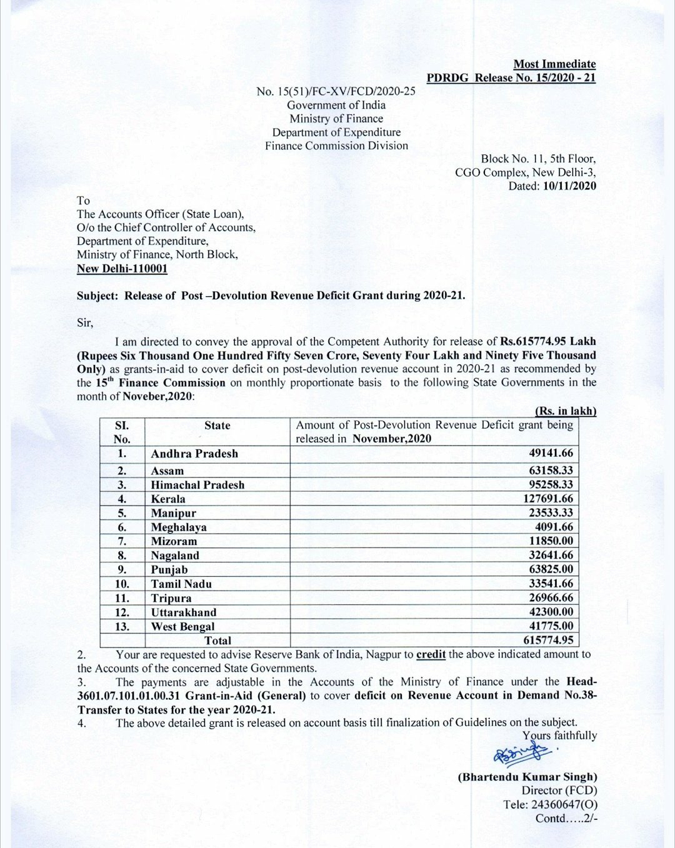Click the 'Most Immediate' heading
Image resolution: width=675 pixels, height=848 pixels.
554,64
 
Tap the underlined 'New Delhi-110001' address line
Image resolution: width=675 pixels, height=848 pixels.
122,269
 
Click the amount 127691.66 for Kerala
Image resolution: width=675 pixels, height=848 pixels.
548,499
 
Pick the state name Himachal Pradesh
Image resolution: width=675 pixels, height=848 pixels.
197,485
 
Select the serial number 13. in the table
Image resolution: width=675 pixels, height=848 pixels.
122,626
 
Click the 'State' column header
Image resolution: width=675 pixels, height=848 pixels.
217,426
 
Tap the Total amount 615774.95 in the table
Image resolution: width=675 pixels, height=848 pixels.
548,640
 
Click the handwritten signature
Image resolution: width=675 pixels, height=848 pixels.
518,754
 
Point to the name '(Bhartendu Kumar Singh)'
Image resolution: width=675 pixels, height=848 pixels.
527,777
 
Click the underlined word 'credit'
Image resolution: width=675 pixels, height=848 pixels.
431,654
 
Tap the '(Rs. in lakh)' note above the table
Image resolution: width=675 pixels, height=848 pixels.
566,411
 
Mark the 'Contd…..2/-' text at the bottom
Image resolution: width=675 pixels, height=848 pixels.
566,818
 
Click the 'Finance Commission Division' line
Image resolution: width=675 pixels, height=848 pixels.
336,146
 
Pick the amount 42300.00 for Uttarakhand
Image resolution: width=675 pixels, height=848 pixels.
551,612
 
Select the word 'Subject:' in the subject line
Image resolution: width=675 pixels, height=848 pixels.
97,296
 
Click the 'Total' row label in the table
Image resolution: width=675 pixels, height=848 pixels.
217,641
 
